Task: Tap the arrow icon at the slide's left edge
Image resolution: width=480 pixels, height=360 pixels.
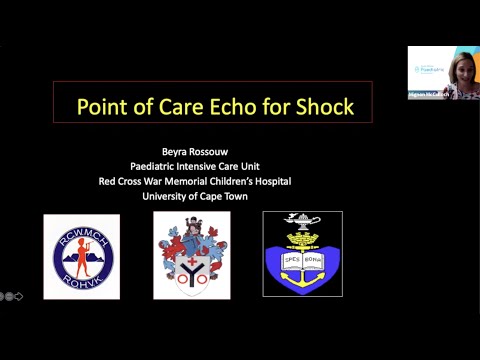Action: point(18,296)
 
